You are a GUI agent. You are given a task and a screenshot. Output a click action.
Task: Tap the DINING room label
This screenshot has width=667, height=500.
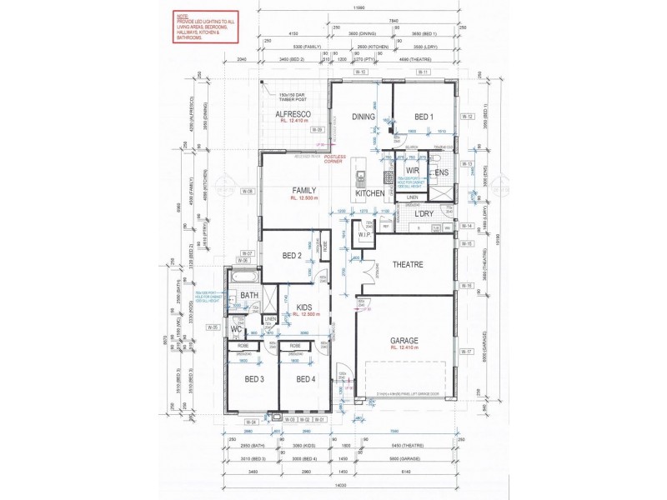[x=363, y=117]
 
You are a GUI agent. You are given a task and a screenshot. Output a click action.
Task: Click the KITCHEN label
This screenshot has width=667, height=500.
[x=370, y=193]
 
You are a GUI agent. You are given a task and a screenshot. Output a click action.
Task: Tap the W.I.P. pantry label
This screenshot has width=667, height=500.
[x=364, y=235]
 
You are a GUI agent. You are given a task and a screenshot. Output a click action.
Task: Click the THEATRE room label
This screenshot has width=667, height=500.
[x=408, y=265]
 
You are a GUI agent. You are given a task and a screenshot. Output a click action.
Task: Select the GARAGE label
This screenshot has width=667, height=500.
[x=404, y=340]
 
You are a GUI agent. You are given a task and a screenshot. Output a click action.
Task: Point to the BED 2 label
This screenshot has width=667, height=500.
[x=291, y=255]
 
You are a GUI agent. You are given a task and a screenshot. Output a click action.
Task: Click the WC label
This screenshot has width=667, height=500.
[x=236, y=328]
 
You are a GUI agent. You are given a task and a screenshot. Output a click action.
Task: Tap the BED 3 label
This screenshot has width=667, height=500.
[x=254, y=379]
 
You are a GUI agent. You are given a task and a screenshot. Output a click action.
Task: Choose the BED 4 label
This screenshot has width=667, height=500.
[x=302, y=379]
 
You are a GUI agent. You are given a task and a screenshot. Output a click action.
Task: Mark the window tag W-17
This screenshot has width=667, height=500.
[x=465, y=352]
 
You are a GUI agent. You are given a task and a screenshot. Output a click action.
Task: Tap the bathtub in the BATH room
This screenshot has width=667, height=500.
[x=245, y=276]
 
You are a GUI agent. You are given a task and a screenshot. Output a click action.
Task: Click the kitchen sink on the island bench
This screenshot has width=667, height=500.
[x=360, y=177]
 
